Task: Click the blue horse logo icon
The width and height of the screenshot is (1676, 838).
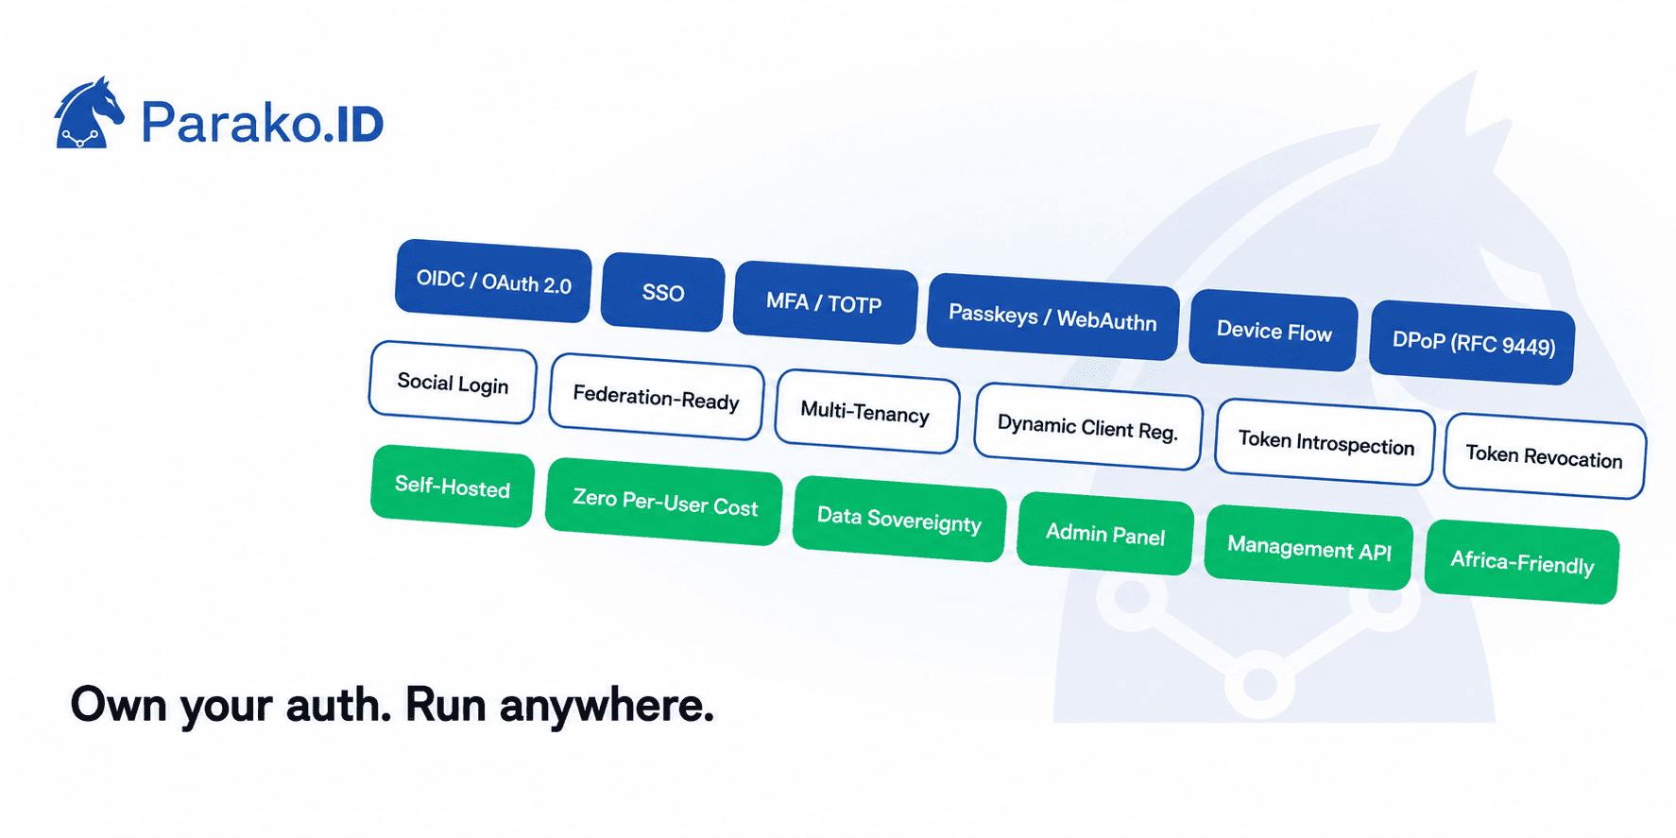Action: point(89,113)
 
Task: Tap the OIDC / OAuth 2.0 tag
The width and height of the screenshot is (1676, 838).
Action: point(493,281)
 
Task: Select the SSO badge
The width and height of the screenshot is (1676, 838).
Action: point(663,292)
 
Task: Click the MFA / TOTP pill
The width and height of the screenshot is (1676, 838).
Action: point(825,302)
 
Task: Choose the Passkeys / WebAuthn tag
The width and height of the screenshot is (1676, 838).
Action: point(1052,316)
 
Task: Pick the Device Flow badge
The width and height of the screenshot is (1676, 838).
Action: point(1274,331)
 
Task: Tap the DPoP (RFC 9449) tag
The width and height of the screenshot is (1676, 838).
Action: point(1473,342)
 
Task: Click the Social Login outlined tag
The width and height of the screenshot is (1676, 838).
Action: point(453,383)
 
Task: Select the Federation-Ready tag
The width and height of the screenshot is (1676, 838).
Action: point(657,397)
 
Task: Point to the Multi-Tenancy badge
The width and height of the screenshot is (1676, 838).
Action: point(866,411)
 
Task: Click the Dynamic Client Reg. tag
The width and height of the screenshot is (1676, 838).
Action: point(1088,427)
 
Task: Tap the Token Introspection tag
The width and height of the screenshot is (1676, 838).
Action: point(1325,442)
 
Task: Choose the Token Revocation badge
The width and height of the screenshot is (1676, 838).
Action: point(1545,456)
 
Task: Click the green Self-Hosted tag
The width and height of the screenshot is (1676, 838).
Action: point(453,487)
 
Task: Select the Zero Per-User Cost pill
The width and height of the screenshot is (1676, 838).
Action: point(664,502)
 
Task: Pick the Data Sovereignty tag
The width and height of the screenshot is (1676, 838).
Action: point(899,520)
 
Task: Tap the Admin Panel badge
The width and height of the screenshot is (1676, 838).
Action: point(1105,534)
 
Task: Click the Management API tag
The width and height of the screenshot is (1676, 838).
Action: point(1308,548)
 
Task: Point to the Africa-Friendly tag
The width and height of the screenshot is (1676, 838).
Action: point(1522,562)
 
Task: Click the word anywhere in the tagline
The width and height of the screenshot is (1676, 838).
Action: point(607,707)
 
